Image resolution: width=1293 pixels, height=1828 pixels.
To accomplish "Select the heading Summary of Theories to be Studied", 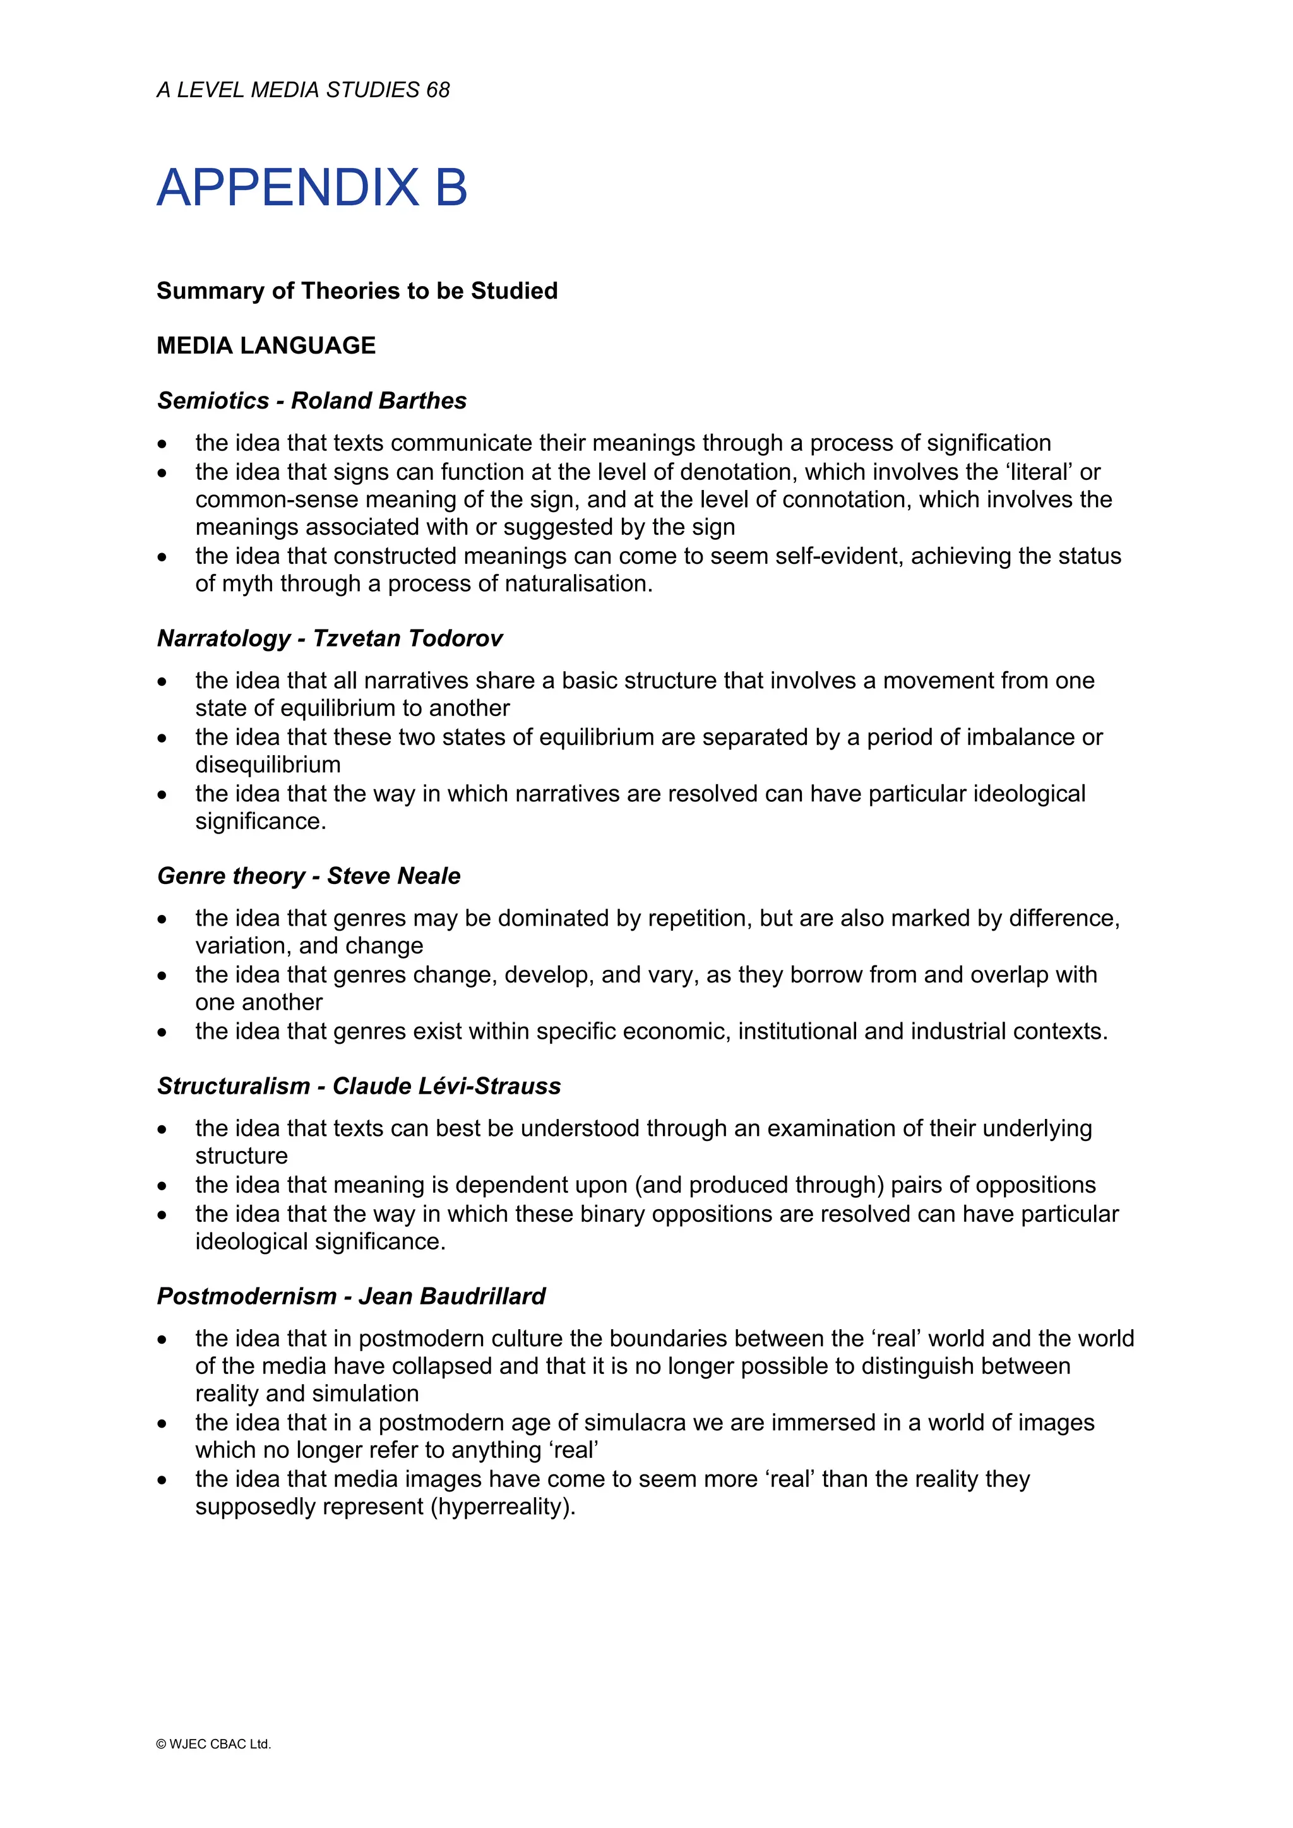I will tap(357, 290).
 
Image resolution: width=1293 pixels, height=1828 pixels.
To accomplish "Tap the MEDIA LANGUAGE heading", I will tap(266, 345).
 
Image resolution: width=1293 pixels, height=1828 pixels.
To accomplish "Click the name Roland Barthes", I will tap(378, 400).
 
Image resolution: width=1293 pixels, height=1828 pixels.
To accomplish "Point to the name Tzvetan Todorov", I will tap(408, 638).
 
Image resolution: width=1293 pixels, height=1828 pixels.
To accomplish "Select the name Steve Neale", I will tap(393, 876).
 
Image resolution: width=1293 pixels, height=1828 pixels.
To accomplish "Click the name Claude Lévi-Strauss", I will tap(446, 1086).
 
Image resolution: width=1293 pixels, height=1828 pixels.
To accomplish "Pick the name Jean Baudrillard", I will tap(451, 1296).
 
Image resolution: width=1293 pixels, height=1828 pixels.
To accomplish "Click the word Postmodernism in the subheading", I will tap(247, 1296).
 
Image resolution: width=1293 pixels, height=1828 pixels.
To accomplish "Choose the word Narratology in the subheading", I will tap(223, 638).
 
